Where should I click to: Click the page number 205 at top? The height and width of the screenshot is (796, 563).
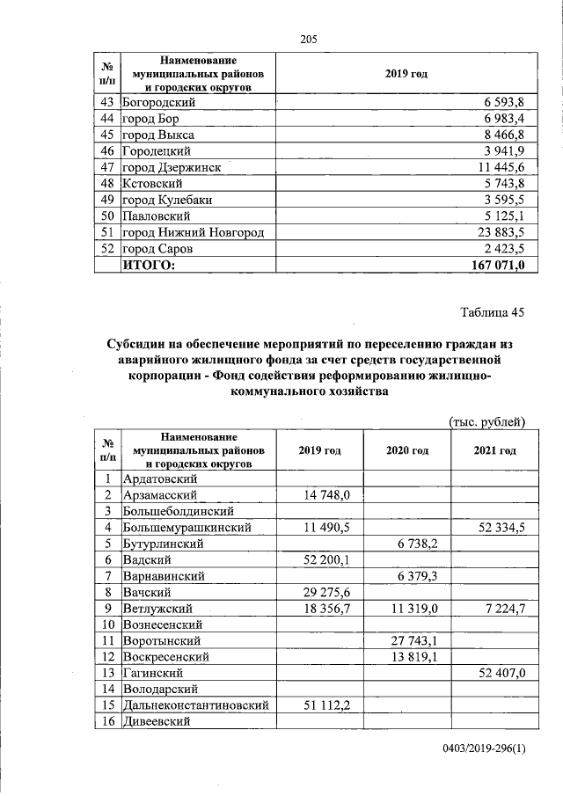pos(308,40)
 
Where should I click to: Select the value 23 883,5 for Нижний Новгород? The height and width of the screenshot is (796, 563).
pos(496,232)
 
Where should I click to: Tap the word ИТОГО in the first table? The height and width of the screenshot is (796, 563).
pos(149,265)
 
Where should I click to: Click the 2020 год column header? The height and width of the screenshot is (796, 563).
pos(406,450)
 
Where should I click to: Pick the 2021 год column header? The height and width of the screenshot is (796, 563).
pos(494,450)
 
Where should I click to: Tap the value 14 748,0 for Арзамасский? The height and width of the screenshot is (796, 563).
pos(325,495)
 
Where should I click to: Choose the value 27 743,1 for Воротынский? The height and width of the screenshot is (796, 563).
pos(410,640)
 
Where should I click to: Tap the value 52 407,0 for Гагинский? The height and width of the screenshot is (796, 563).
pos(498,673)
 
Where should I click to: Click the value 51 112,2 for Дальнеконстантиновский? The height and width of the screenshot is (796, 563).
pos(325,705)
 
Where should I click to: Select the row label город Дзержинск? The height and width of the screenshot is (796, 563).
pos(171,167)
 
